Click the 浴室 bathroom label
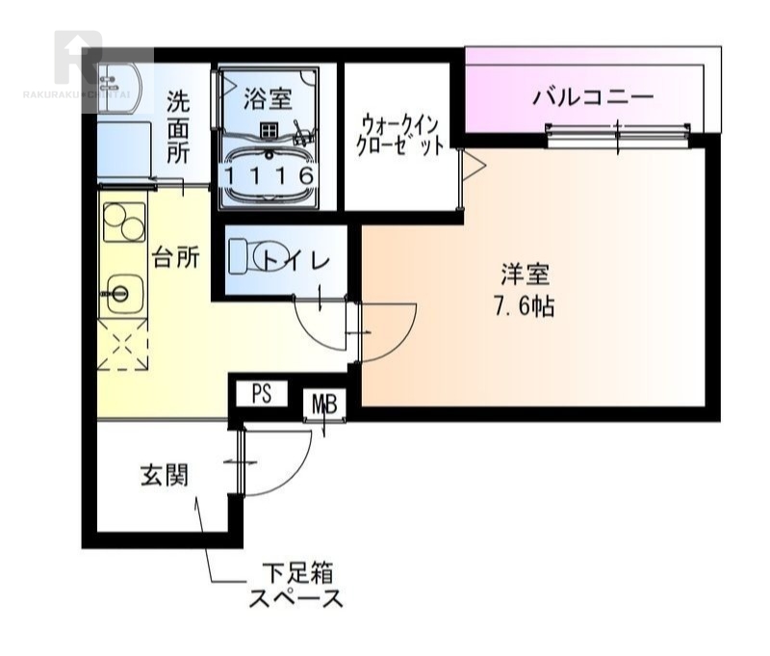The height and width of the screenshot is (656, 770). tap(268, 96)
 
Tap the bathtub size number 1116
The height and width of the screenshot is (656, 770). tap(268, 176)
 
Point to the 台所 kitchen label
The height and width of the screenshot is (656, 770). tap(176, 257)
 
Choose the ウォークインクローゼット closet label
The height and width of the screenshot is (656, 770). tap(402, 136)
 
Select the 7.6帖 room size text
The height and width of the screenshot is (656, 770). tap(525, 308)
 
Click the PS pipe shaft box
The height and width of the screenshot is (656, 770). tap(263, 393)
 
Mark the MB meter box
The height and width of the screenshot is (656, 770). tap(323, 405)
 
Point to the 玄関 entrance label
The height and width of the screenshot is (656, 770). tap(164, 475)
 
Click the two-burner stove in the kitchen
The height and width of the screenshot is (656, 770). tap(122, 226)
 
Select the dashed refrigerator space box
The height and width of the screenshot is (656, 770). tap(122, 345)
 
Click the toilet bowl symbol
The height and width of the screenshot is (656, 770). tap(252, 258)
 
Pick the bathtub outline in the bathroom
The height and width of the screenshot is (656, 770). tap(268, 173)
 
